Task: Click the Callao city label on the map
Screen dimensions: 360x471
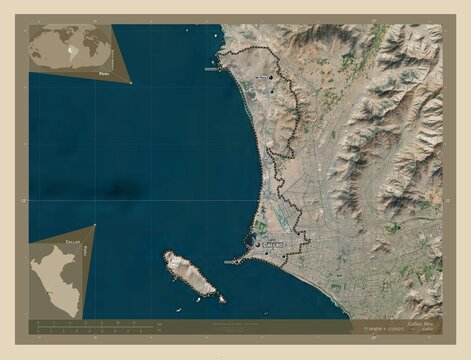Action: click(273, 243)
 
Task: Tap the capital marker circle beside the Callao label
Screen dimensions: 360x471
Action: click(258, 243)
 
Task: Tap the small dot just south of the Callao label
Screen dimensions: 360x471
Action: click(267, 253)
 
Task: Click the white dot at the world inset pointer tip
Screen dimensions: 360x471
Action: click(131, 83)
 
